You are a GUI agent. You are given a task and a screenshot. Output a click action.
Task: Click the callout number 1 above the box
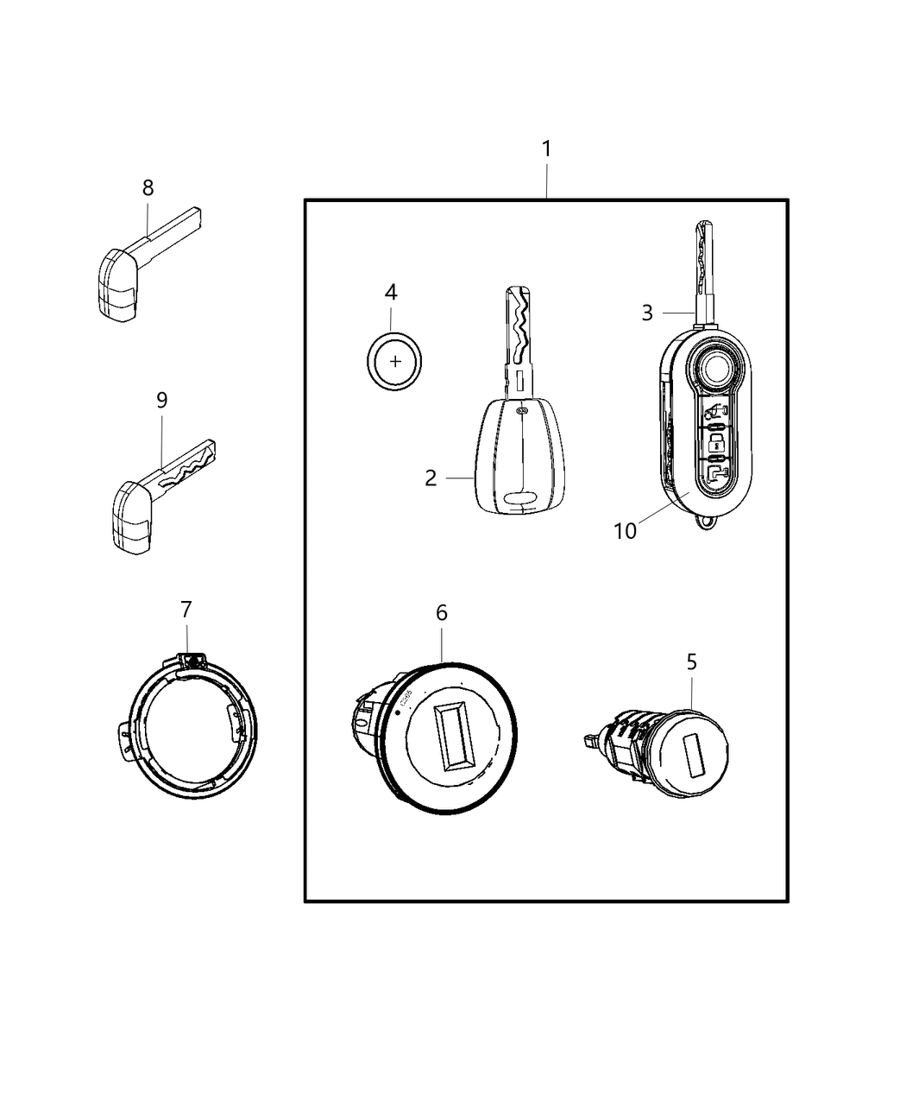pos(545,149)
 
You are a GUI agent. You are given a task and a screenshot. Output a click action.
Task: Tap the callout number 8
pos(148,187)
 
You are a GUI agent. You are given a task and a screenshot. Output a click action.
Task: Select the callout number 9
pos(161,400)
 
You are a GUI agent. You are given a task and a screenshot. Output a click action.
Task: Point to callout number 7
pos(186,610)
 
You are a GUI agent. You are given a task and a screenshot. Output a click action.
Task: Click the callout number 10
pos(625,531)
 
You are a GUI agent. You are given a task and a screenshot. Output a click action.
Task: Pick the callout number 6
pos(441,613)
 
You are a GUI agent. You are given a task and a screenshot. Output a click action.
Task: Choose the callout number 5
pos(691,662)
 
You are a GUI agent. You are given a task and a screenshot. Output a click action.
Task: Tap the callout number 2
pos(431,478)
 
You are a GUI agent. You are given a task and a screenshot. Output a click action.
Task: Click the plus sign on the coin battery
pos(395,361)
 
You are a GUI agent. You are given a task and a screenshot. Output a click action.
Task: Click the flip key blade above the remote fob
pos(704,267)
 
